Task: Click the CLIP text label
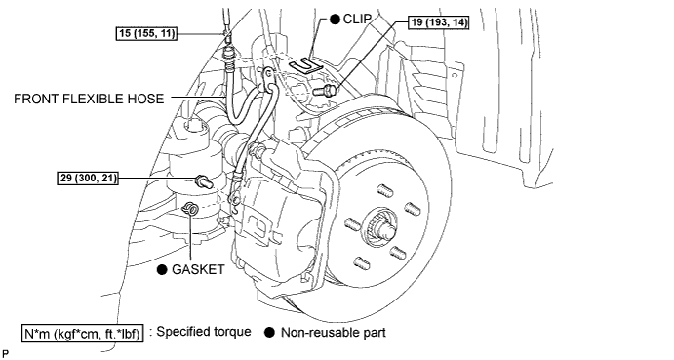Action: pyautogui.click(x=357, y=19)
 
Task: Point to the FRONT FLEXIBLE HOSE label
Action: pyautogui.click(x=89, y=99)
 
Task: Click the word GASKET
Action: pyautogui.click(x=198, y=269)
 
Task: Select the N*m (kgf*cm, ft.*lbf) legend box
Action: pyautogui.click(x=83, y=334)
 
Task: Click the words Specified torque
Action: pyautogui.click(x=204, y=332)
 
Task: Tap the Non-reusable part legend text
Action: pyautogui.click(x=334, y=333)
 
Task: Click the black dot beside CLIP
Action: pyautogui.click(x=335, y=20)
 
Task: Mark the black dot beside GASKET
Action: pyautogui.click(x=162, y=269)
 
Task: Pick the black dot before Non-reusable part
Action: pyautogui.click(x=270, y=333)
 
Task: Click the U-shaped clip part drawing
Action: pyautogui.click(x=305, y=66)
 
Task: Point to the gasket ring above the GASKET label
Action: pyautogui.click(x=190, y=209)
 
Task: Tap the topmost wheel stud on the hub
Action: pyautogui.click(x=385, y=190)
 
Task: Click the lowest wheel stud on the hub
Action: pyautogui.click(x=362, y=262)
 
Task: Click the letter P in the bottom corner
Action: pyautogui.click(x=5, y=353)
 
